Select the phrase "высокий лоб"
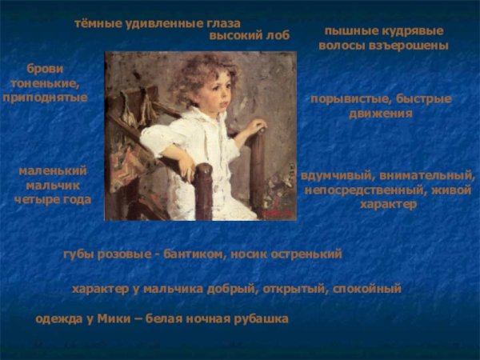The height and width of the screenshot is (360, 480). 249,35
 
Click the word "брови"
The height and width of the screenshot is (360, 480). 45,68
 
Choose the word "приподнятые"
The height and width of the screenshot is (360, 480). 45,96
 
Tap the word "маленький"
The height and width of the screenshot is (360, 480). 53,171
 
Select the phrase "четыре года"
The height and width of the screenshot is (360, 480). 53,198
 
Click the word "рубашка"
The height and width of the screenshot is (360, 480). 260,319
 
